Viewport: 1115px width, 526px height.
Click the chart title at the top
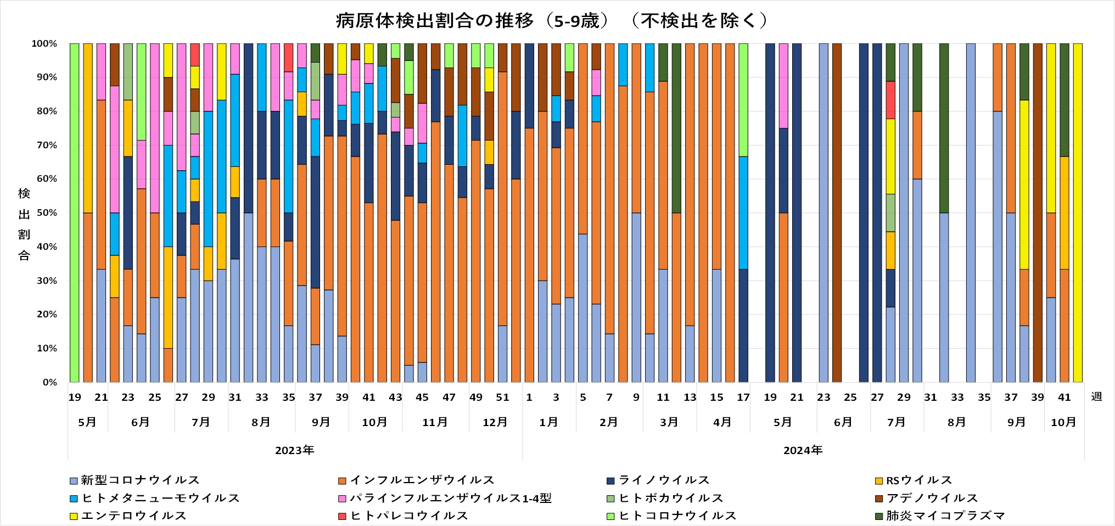(552, 21)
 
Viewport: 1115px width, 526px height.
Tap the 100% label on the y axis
(44, 43)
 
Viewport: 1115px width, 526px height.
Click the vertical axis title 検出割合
(24, 224)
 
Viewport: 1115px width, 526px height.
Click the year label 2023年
(295, 451)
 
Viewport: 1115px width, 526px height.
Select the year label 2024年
(803, 451)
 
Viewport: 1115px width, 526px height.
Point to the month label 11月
(435, 422)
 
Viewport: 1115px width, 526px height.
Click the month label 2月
(609, 422)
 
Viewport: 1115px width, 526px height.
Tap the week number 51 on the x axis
(502, 398)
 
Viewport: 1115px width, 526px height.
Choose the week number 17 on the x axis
(743, 398)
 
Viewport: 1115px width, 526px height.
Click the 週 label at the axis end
(1096, 396)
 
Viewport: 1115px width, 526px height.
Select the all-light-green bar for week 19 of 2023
(75, 213)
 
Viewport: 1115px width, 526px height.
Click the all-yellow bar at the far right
(1078, 213)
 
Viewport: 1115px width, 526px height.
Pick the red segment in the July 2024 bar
(890, 100)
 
